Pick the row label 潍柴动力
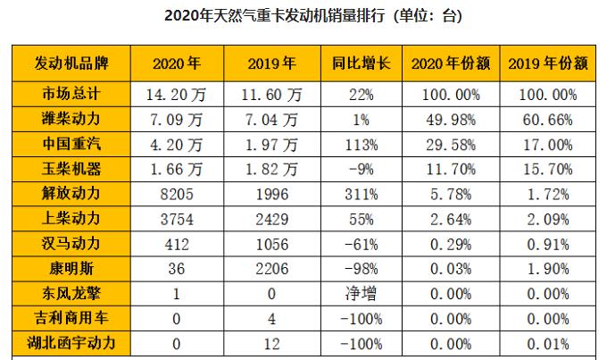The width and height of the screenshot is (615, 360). tap(71, 118)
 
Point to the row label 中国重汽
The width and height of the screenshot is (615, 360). tap(71, 143)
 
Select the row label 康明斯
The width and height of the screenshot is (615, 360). tap(71, 268)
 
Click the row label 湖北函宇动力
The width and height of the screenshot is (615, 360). tap(71, 342)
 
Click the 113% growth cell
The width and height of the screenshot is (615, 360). tap(355, 143)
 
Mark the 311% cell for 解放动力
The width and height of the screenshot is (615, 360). tap(355, 193)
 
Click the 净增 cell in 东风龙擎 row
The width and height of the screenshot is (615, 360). tap(355, 293)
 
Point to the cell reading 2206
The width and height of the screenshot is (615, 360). tap(270, 268)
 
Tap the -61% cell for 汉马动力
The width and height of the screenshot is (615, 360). tap(355, 243)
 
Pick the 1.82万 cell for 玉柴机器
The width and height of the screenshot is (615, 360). tap(270, 168)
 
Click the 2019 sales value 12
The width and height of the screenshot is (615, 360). tap(270, 342)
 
